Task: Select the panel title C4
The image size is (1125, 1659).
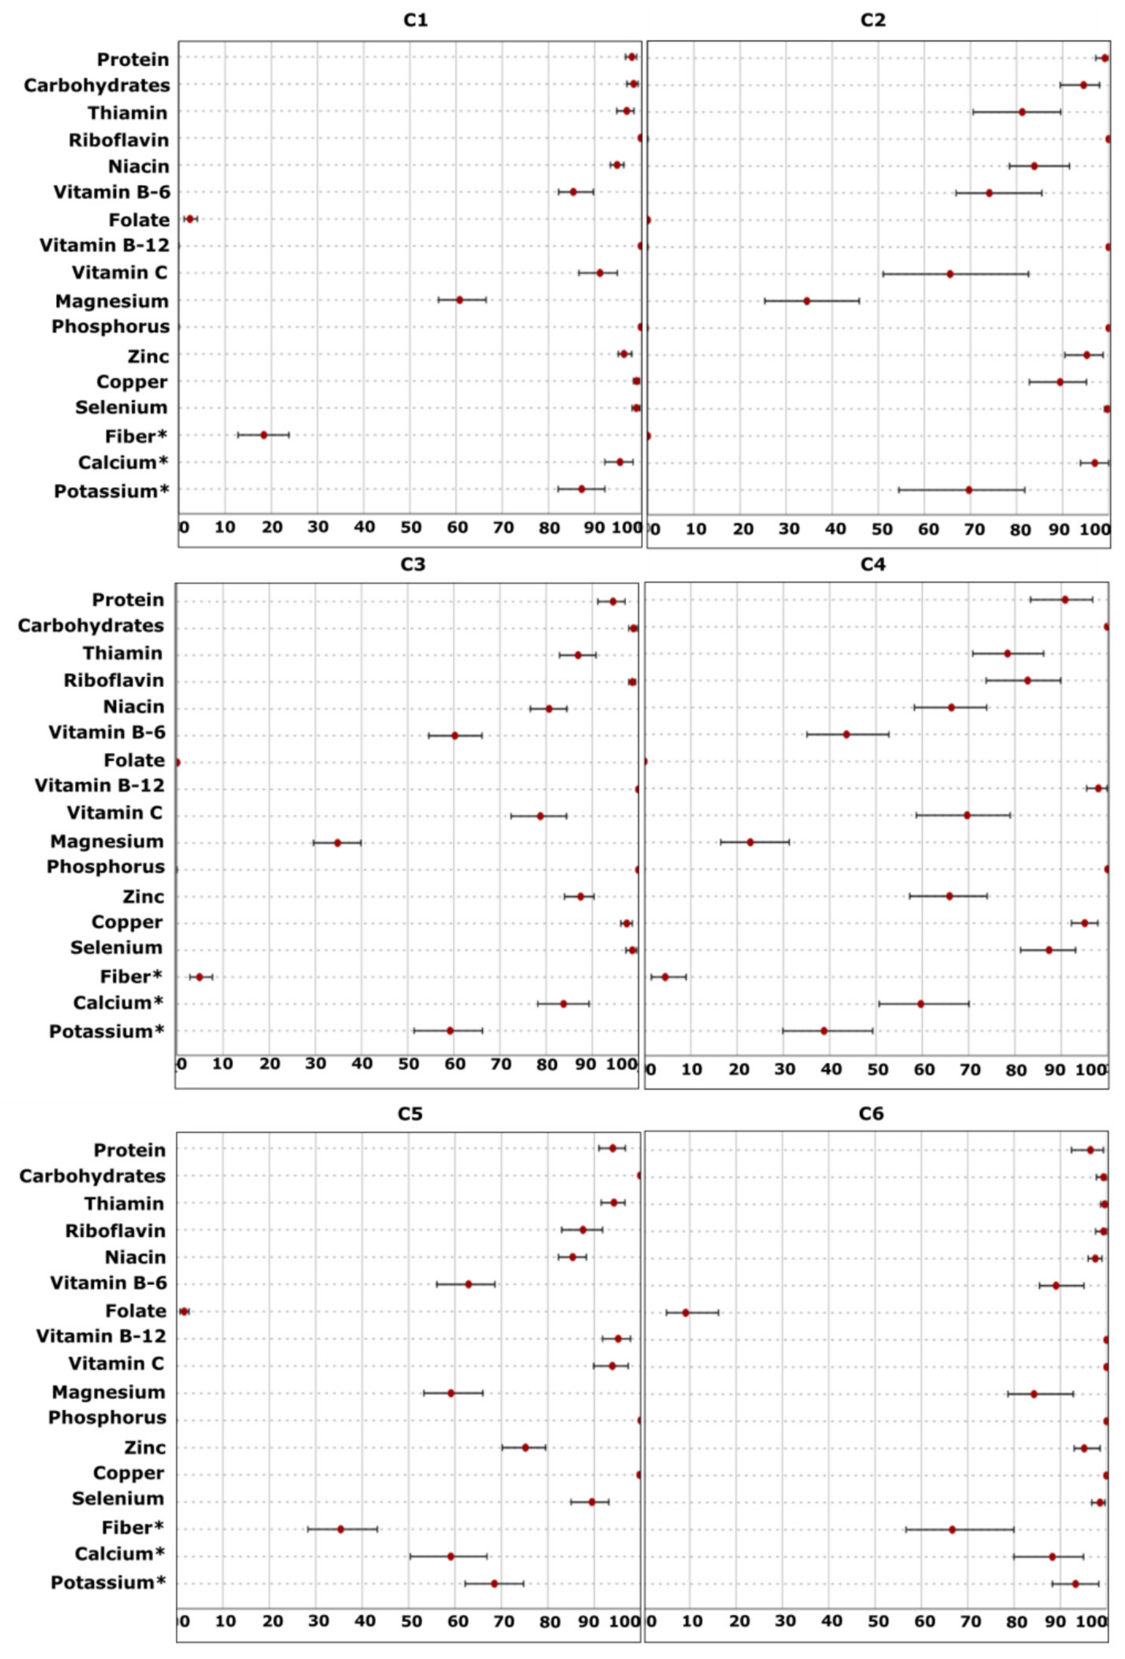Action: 872,564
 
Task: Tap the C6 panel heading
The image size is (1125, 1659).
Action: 871,1114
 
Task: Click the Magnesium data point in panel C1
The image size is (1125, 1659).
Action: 460,300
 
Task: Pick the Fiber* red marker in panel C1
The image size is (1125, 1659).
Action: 263,435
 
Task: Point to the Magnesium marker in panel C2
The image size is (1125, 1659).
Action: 807,301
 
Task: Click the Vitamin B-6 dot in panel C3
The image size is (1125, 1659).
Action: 455,735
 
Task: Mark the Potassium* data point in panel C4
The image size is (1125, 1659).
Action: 824,1031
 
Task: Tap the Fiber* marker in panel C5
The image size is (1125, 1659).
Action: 340,1529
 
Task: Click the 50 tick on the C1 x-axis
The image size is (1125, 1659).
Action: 410,528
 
